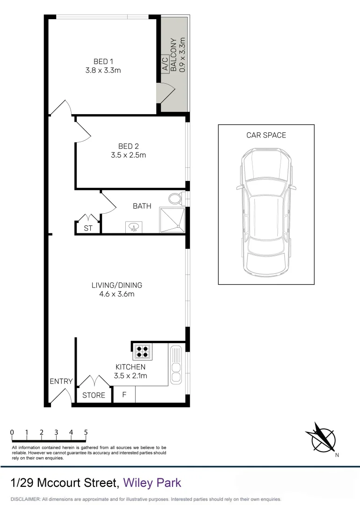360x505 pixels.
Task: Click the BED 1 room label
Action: click(x=103, y=61)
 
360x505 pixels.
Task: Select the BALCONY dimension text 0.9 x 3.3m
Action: click(x=182, y=55)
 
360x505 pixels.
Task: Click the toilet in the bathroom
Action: click(x=176, y=199)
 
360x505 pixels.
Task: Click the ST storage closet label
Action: click(x=88, y=229)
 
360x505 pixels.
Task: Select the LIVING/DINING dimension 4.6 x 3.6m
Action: click(x=117, y=294)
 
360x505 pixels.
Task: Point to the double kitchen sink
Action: click(x=176, y=365)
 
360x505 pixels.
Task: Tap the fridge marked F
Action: click(x=124, y=395)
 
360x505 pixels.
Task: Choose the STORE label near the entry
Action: click(x=94, y=395)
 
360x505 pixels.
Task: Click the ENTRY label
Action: click(x=61, y=382)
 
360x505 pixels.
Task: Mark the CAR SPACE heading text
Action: click(x=266, y=135)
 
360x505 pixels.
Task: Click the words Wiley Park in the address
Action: click(x=152, y=482)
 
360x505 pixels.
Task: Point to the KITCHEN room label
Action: click(x=130, y=367)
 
